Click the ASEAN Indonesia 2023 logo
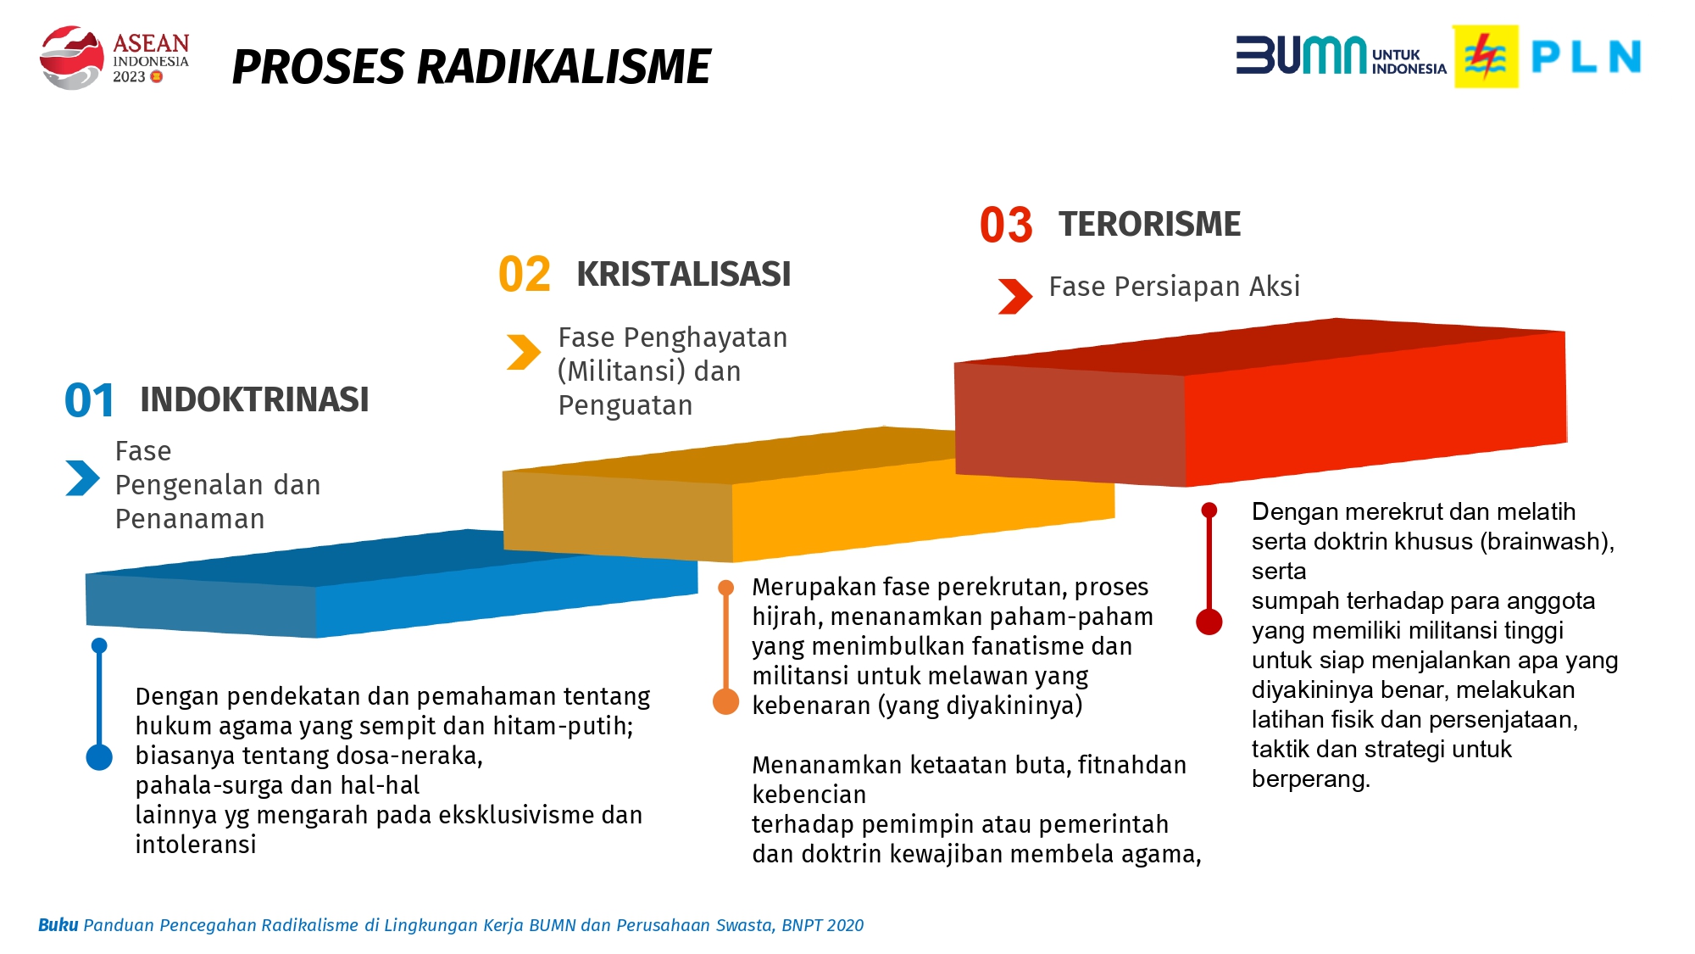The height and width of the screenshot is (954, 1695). (114, 57)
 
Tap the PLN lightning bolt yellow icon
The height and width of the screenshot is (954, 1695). (1486, 57)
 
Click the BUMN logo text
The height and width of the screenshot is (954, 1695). (1301, 55)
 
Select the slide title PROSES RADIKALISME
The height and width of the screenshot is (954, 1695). (471, 67)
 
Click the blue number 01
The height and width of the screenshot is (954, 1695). (89, 400)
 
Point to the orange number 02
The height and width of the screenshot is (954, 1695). (525, 275)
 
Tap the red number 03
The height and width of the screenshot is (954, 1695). (1006, 225)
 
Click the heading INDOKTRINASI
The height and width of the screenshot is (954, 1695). (254, 399)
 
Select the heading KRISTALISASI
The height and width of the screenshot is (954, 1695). (683, 274)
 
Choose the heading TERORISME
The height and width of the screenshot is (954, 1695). (1149, 224)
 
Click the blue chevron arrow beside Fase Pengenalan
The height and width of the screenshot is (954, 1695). (82, 477)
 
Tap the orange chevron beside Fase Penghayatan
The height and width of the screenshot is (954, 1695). (524, 352)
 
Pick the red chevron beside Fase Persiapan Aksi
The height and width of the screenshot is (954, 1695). (1015, 297)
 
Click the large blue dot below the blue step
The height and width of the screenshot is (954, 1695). (99, 757)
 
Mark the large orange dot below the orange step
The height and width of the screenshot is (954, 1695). (725, 701)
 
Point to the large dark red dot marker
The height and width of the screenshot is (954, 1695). (1209, 622)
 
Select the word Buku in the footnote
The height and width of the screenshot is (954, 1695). (58, 925)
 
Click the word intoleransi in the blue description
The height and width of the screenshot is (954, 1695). (196, 845)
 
